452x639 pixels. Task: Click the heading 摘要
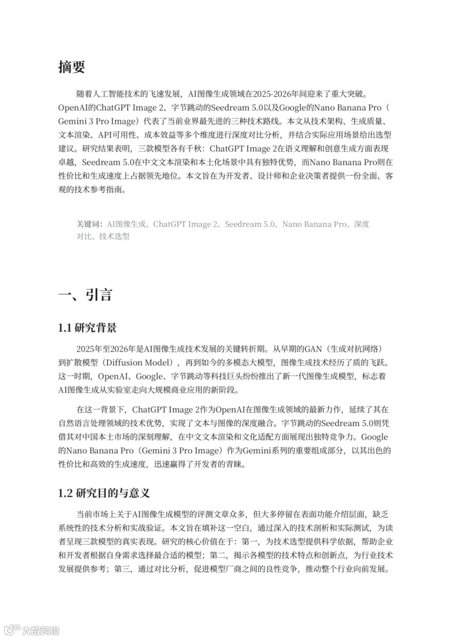click(72, 67)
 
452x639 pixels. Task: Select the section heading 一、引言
click(85, 294)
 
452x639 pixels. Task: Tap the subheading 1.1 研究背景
click(88, 328)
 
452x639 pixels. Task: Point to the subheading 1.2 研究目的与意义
click(104, 493)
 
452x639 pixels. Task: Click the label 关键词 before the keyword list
click(89, 224)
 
